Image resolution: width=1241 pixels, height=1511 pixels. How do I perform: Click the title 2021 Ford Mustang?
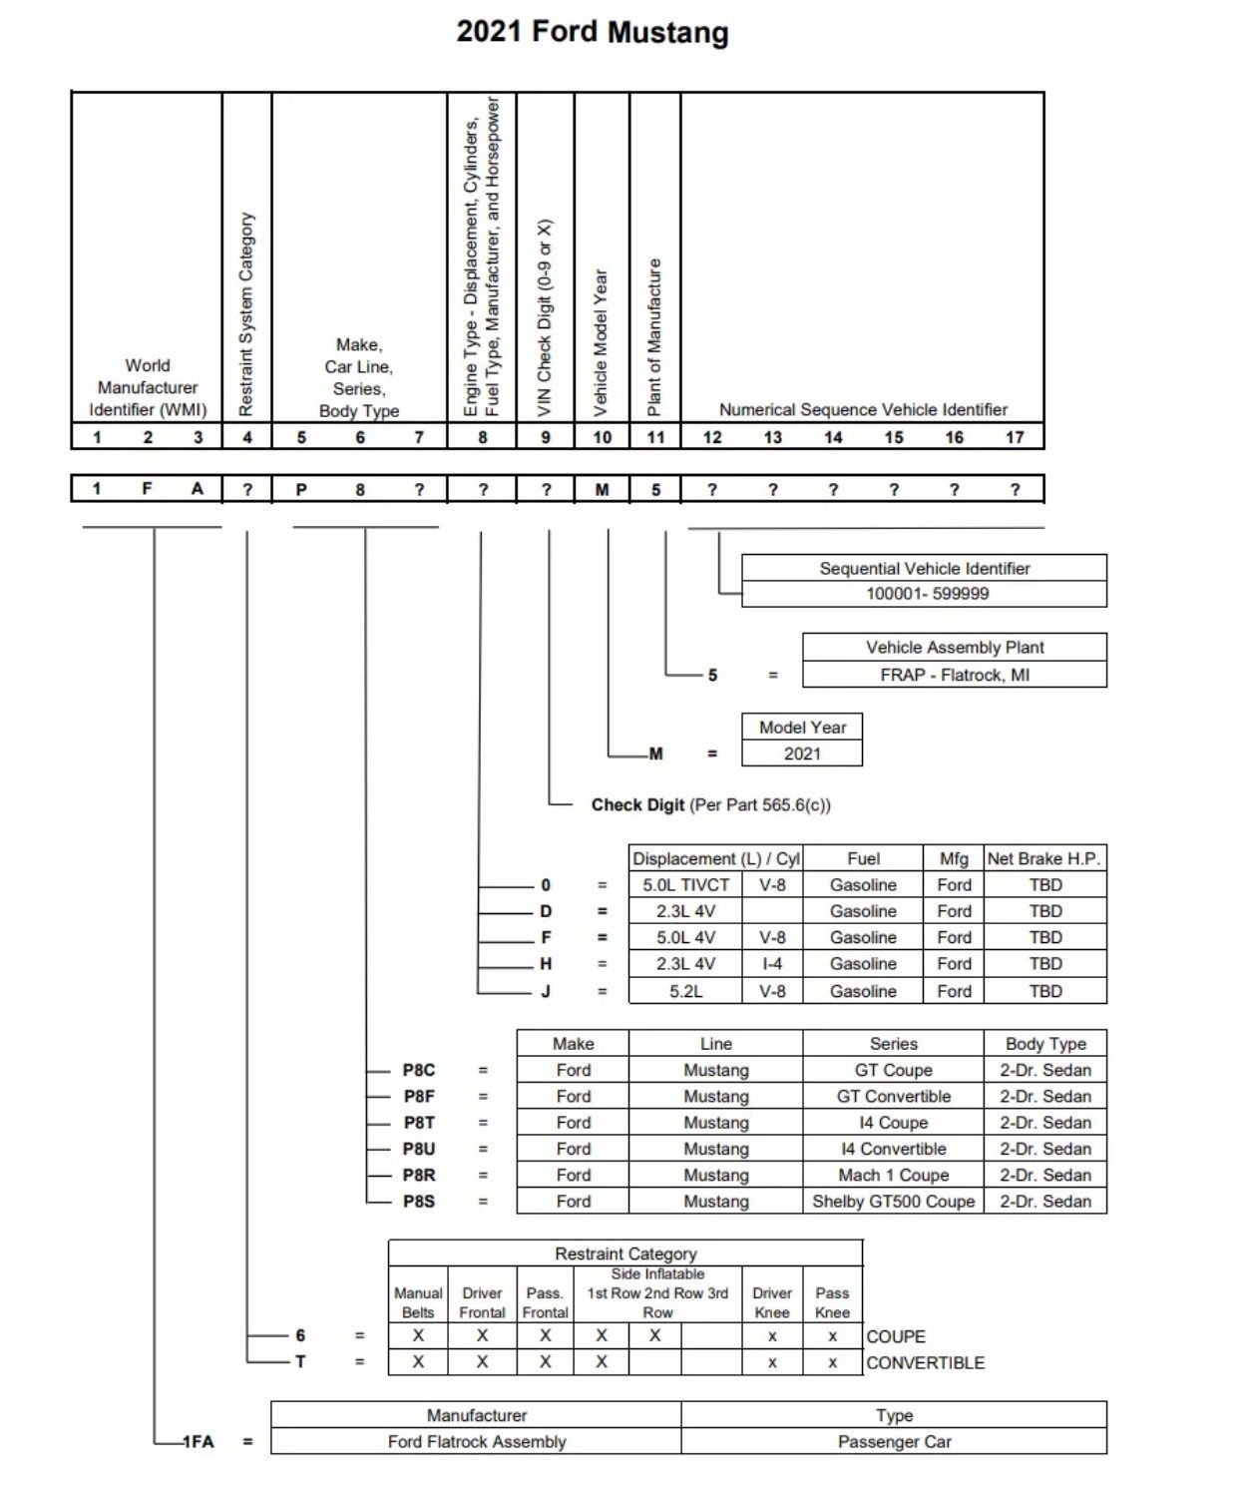point(593,32)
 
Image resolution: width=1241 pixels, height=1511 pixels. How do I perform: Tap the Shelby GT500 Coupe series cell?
point(893,1202)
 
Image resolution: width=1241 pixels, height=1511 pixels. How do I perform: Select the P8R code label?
point(419,1175)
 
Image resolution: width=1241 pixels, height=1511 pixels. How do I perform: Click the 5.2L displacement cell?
point(685,991)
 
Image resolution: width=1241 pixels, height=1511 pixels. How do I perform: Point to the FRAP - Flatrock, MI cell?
point(954,675)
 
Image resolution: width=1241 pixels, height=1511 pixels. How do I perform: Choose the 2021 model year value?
point(802,754)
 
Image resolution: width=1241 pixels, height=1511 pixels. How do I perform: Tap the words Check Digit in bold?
point(637,804)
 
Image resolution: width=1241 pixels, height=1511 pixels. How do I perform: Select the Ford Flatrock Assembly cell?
point(476,1441)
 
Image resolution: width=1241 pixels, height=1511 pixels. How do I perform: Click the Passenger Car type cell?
point(894,1441)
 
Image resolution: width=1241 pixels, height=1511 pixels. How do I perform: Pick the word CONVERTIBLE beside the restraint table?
point(925,1362)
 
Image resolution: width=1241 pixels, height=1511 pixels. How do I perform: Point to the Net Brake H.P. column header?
point(1044,858)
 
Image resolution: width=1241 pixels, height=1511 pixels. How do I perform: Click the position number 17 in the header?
point(1014,437)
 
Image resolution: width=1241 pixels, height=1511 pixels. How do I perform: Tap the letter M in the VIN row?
point(602,489)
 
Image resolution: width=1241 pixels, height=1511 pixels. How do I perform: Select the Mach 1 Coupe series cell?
point(893,1175)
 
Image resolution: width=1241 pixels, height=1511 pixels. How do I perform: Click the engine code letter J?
point(546,991)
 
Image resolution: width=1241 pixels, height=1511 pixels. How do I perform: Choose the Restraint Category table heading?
point(625,1254)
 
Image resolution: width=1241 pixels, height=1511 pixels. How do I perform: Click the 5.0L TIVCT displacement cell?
point(685,884)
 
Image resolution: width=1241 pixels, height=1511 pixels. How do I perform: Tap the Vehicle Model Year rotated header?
point(602,342)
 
